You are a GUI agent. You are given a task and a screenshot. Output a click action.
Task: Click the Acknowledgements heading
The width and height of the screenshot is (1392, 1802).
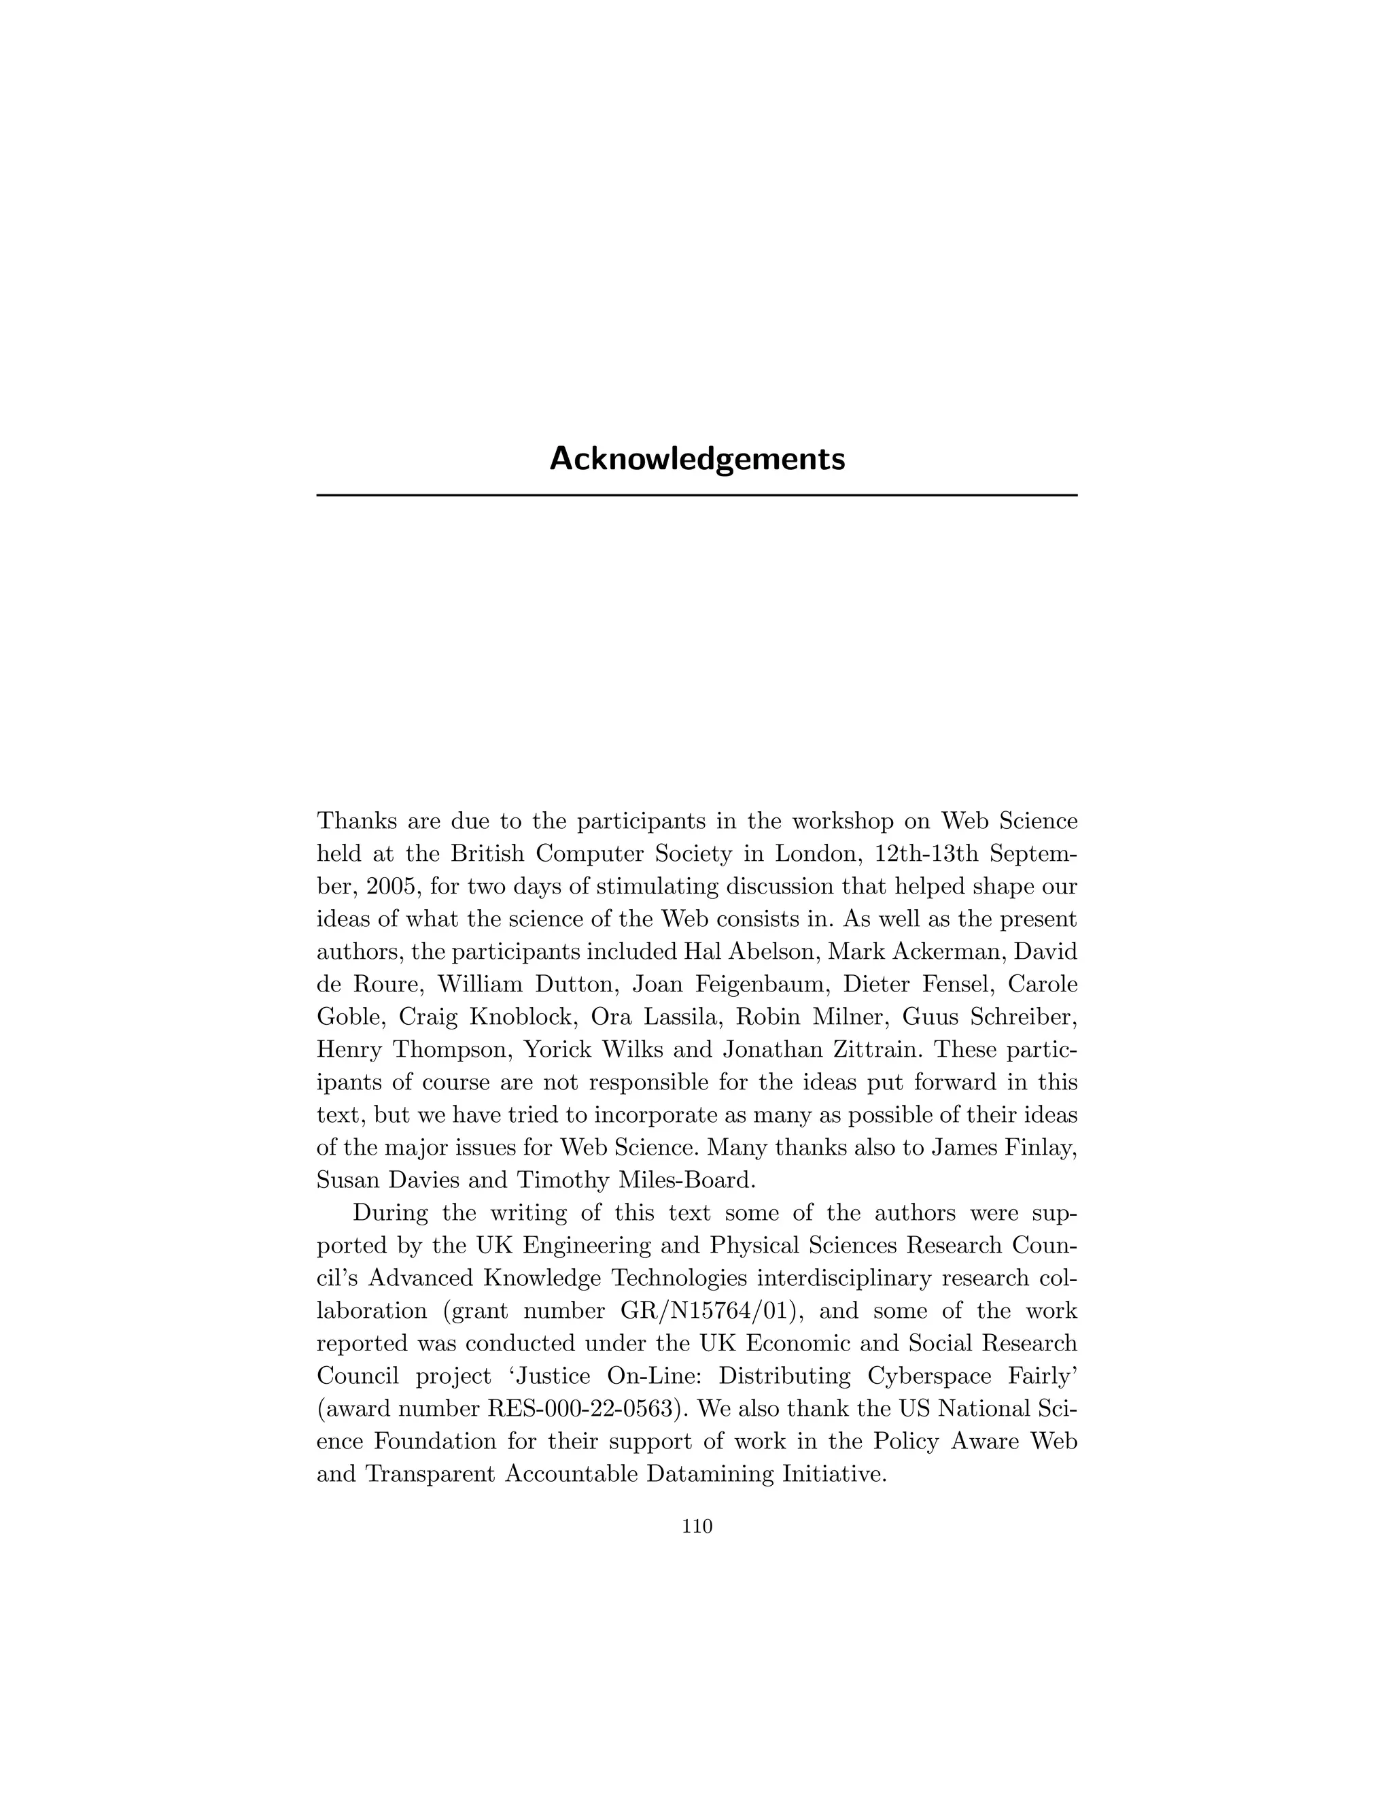coord(697,459)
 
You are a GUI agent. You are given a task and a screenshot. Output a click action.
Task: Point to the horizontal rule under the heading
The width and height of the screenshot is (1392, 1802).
coord(697,495)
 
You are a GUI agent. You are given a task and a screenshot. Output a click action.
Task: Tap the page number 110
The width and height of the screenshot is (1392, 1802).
coord(697,1527)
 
